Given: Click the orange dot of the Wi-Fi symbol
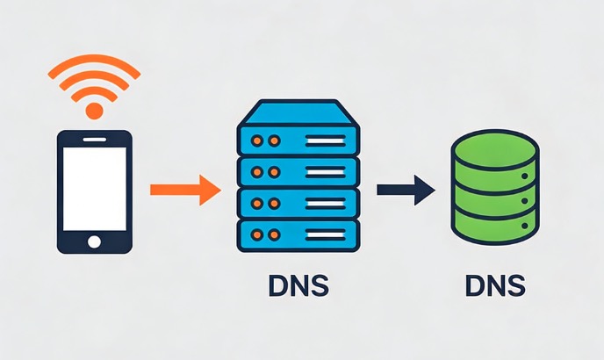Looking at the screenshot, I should pos(93,111).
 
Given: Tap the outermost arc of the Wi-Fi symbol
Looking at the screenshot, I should pos(93,62).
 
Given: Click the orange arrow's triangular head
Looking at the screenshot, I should pos(209,189).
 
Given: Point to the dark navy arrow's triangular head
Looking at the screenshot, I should pos(425,189).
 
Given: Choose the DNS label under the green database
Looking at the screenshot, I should pos(495,286).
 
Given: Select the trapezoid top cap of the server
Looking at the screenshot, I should pos(298,112).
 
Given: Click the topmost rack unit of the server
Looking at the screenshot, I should pos(298,140).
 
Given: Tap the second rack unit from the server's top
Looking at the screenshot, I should pos(298,172).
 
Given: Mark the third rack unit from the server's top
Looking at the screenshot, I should pos(298,204).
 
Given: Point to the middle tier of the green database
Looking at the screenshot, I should pos(495,200).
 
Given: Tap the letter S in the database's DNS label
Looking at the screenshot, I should pos(517,286).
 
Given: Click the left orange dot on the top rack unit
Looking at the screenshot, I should pos(256,140).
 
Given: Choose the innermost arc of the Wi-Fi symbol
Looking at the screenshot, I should pos(93,94).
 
